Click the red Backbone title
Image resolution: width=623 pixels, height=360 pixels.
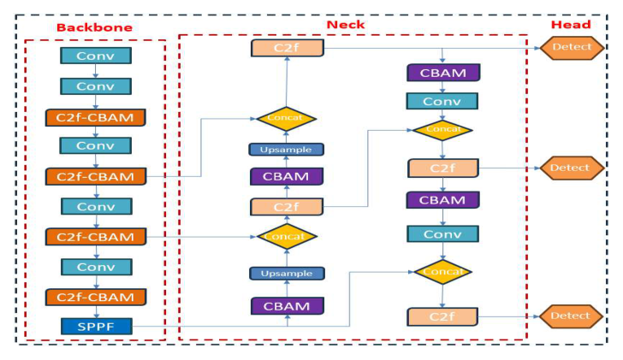tap(94, 27)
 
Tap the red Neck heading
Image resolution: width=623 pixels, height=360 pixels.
tap(346, 25)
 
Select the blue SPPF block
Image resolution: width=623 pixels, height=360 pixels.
tap(95, 326)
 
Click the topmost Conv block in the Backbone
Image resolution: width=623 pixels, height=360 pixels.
tap(95, 56)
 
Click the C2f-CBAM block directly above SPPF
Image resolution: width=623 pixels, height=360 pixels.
tap(95, 297)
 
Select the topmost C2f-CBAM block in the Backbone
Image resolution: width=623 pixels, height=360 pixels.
tap(95, 116)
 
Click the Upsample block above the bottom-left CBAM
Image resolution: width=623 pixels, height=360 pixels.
tap(286, 274)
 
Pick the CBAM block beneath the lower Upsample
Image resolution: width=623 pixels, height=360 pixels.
tap(286, 305)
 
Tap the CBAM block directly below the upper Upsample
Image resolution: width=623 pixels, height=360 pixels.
tap(286, 177)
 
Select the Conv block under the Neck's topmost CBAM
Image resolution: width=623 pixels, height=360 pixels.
tap(442, 101)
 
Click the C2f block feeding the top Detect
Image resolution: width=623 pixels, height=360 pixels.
tap(286, 48)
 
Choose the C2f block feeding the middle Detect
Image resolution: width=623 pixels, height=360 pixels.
tap(442, 168)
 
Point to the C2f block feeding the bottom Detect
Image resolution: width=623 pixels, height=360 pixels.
tap(442, 317)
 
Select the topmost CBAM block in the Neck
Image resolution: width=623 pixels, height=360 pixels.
tap(442, 73)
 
